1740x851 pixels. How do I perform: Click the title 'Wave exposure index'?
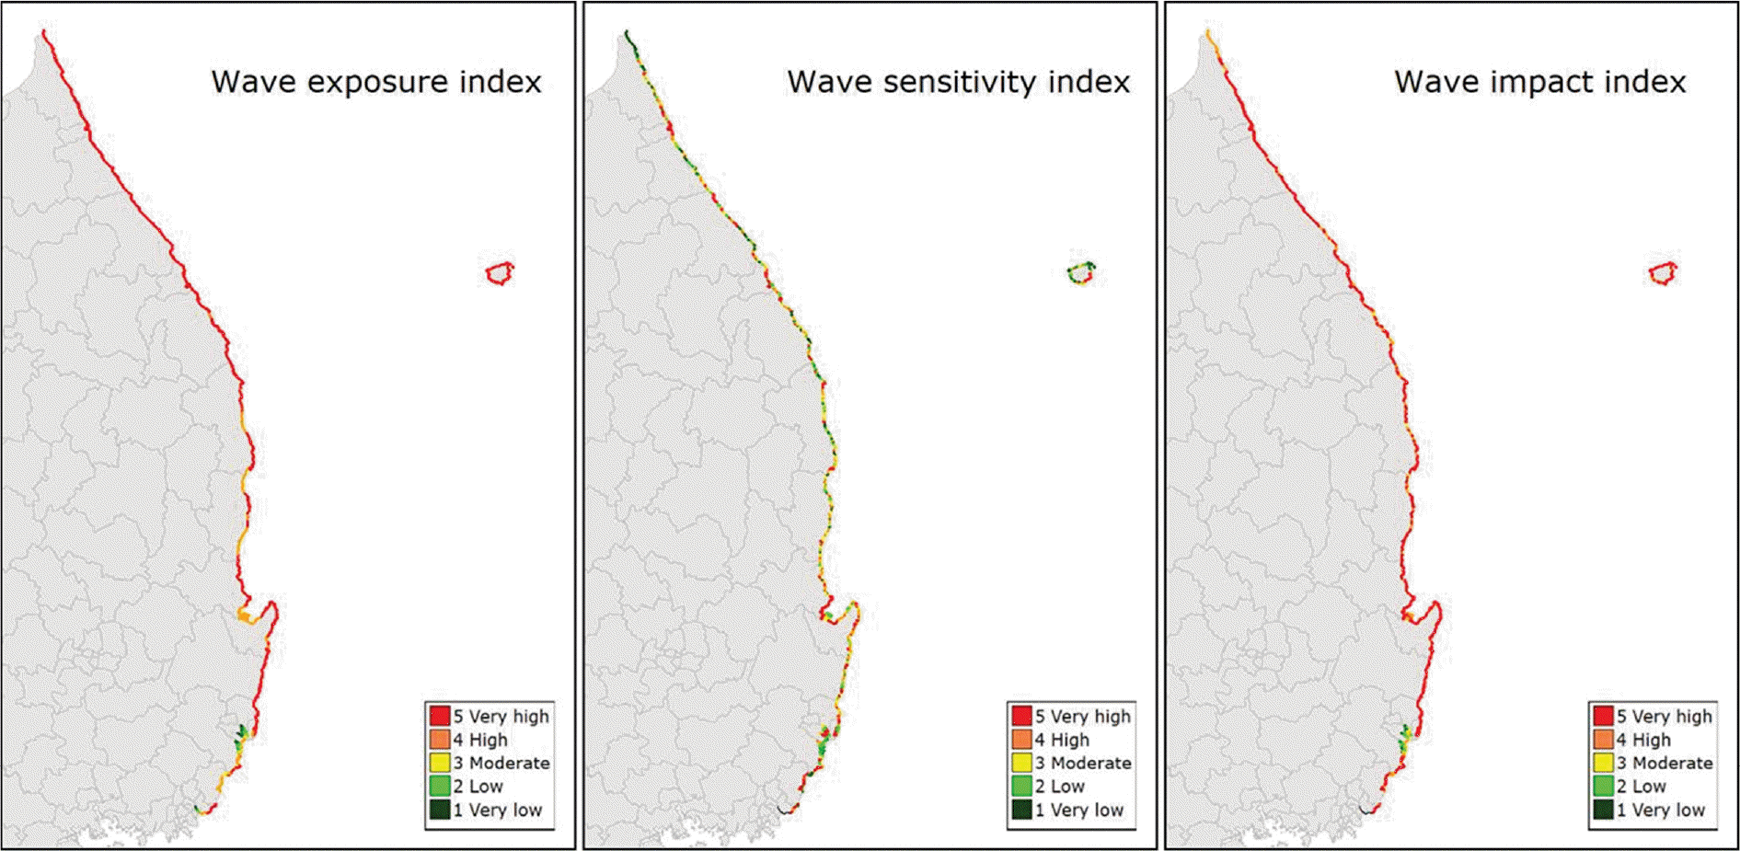coord(376,82)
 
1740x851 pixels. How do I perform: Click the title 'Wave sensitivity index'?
coord(958,82)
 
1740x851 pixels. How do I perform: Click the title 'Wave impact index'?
coord(1539,82)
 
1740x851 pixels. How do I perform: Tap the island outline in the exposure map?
coord(500,273)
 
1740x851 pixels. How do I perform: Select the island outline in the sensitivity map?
coord(1081,273)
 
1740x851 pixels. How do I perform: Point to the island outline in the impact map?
coord(1663,273)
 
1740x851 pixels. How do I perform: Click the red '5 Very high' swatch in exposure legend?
coord(439,716)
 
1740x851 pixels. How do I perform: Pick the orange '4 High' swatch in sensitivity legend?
coord(1020,740)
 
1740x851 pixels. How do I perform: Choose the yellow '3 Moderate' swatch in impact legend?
coord(1603,763)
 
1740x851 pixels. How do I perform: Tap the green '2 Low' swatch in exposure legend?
coord(439,787)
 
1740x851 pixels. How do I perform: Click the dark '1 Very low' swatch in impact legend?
coord(1603,810)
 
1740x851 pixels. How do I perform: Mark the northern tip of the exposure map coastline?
coord(43,32)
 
